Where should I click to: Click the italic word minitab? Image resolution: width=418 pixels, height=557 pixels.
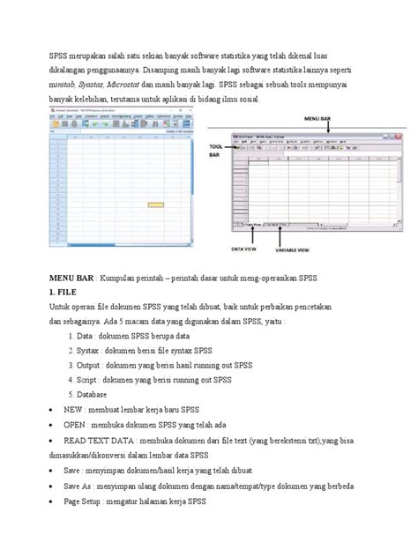[62, 85]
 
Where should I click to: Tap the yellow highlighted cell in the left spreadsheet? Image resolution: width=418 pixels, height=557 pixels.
[160, 195]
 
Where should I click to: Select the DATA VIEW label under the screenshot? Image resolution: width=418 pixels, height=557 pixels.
[245, 250]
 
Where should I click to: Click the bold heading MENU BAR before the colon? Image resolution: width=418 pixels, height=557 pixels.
[69, 278]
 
